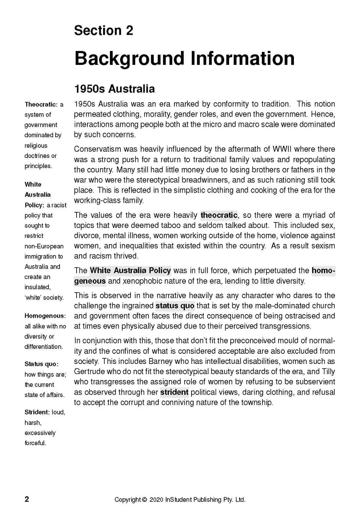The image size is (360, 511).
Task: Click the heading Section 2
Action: pos(103,30)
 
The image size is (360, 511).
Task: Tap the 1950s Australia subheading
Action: pos(114,89)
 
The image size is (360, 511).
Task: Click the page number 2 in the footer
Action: pos(27,499)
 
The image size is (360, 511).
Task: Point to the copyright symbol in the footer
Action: pos(144,500)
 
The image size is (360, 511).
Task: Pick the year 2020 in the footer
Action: pos(156,500)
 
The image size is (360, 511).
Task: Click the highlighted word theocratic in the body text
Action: pos(219,215)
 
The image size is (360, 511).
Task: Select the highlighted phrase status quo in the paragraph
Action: pos(175,306)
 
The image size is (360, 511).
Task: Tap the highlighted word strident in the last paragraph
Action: pos(174,392)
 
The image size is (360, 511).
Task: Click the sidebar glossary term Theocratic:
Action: pos(41,104)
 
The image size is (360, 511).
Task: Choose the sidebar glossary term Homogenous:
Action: pos(45,316)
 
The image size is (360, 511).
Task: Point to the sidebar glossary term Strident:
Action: pos(37,412)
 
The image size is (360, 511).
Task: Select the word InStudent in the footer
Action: pos(179,500)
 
